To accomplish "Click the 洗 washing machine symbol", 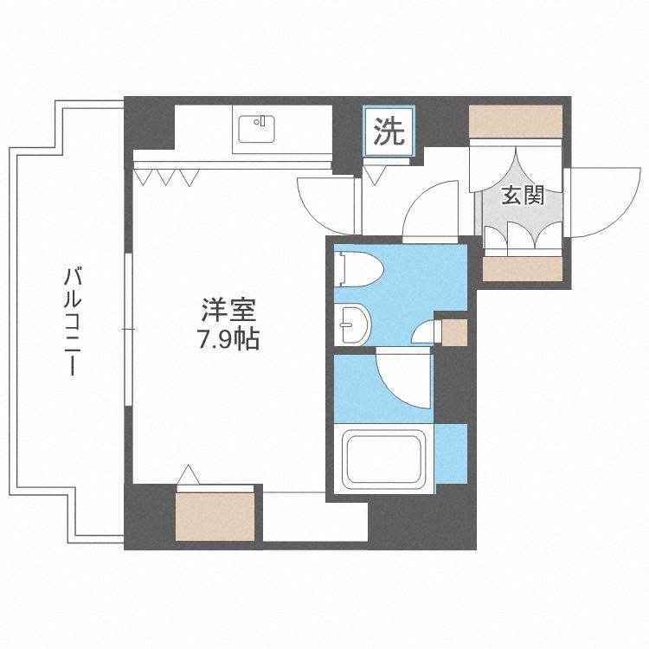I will [x=389, y=132].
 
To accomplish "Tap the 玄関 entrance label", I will [x=523, y=196].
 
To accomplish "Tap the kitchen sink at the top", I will [x=255, y=129].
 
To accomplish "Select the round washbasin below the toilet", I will [x=353, y=323].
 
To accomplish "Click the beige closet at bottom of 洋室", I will [x=216, y=516].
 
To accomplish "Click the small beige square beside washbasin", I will [x=453, y=331].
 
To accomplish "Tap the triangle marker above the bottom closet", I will [x=188, y=474].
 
